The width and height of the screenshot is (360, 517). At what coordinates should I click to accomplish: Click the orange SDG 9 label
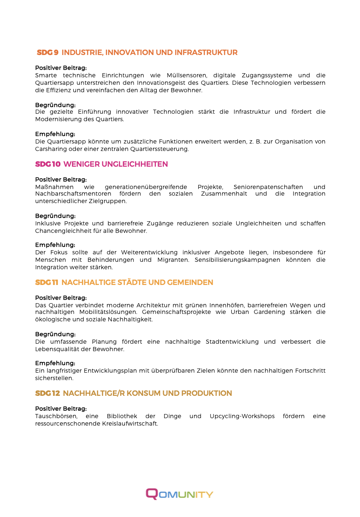point(48,53)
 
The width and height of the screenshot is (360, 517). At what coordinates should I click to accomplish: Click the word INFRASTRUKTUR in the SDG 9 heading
point(206,53)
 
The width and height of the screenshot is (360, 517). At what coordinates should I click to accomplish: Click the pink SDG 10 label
point(48,164)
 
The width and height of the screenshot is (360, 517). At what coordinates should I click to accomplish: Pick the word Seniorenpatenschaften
point(268,187)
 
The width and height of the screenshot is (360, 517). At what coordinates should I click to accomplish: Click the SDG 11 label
point(47,282)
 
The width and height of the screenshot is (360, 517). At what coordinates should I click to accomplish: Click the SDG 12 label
point(48,393)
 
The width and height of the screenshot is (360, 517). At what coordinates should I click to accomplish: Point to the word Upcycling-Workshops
point(242,416)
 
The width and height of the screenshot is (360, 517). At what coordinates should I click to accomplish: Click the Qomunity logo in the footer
point(180,494)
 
